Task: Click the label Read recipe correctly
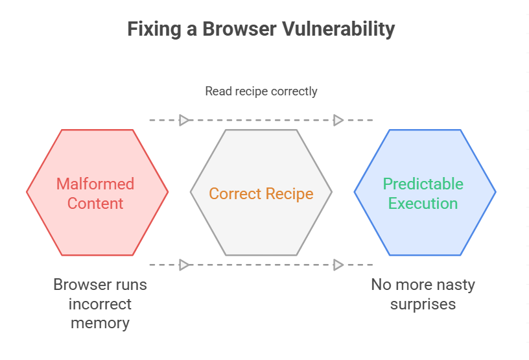(x=261, y=91)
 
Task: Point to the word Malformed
(x=95, y=184)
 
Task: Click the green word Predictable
(x=423, y=184)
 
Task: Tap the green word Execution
(x=423, y=203)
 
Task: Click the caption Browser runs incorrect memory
(x=100, y=304)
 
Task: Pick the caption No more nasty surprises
(x=423, y=294)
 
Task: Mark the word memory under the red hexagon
(x=100, y=323)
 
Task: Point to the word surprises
(x=423, y=304)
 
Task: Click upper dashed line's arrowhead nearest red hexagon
(x=184, y=120)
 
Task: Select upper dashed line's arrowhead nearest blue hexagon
(x=338, y=120)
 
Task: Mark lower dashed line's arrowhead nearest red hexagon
(x=184, y=265)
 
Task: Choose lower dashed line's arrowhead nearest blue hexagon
(x=338, y=265)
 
